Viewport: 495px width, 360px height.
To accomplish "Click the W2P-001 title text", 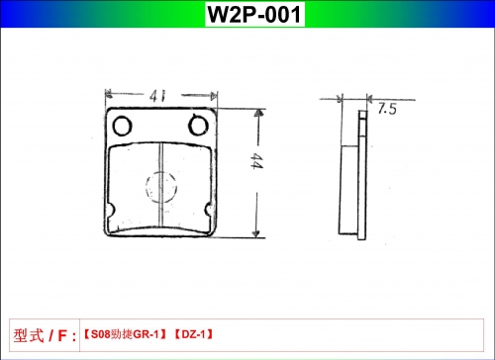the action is pyautogui.click(x=254, y=14).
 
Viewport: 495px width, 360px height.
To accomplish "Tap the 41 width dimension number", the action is pyautogui.click(x=157, y=96).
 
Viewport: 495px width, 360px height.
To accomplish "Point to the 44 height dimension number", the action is pyautogui.click(x=256, y=160).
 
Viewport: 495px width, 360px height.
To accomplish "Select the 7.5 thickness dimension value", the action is pyautogui.click(x=387, y=109).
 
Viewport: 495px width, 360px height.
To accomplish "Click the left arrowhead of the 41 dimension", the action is pyautogui.click(x=108, y=95).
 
